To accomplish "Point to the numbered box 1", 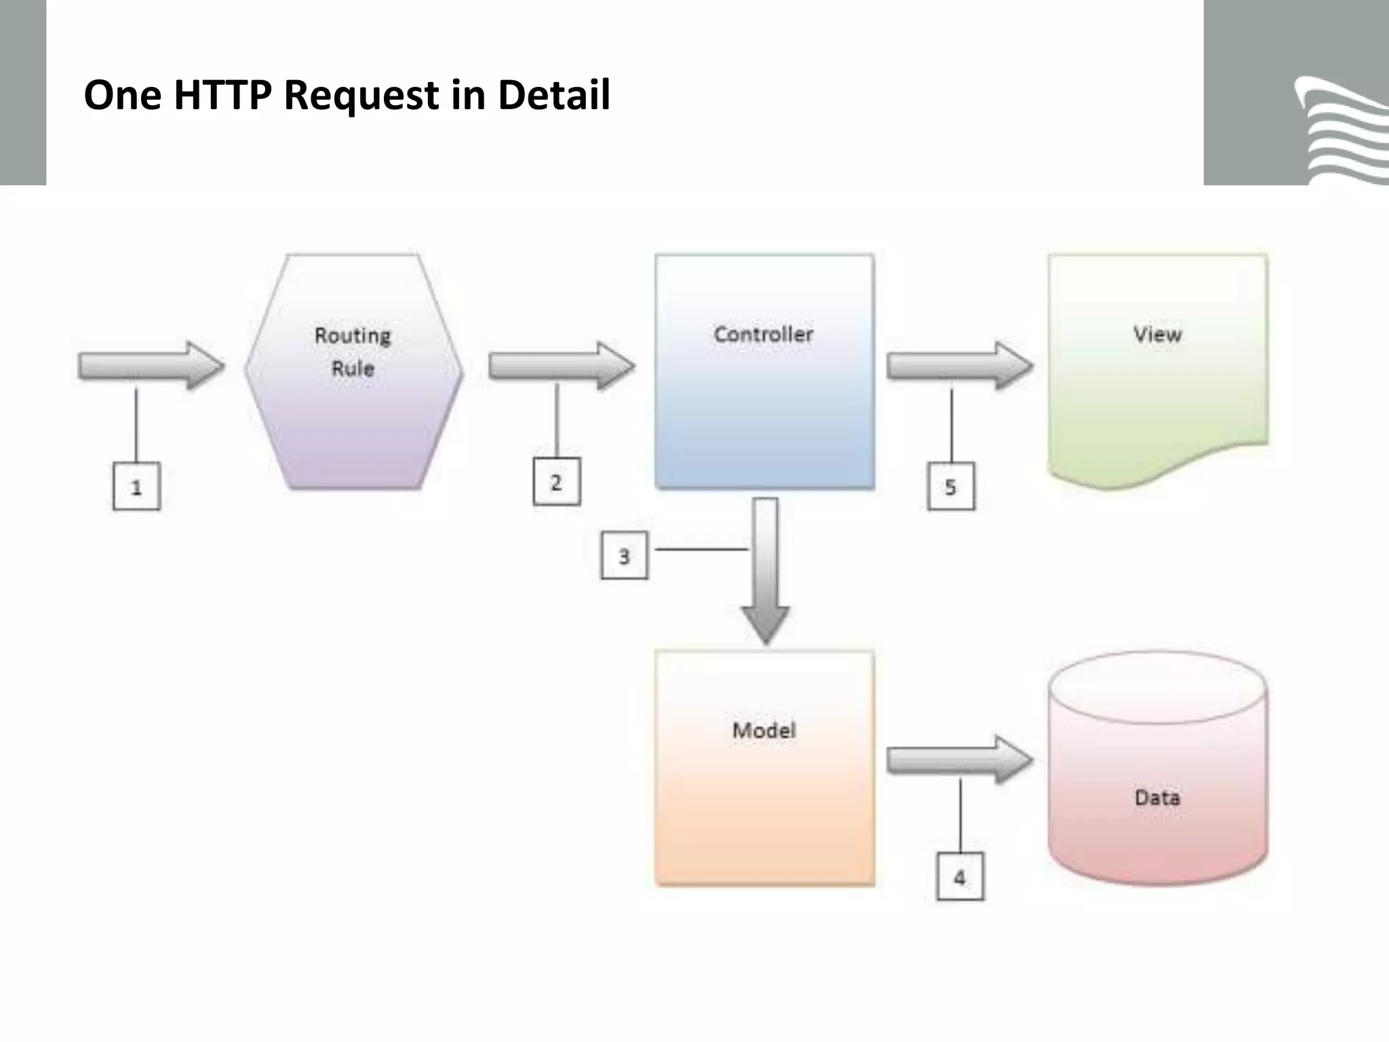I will click(x=136, y=486).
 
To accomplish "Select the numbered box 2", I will click(x=556, y=482).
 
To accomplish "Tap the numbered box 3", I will click(x=624, y=556).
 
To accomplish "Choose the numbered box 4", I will click(x=960, y=877).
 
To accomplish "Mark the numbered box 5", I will click(x=951, y=486).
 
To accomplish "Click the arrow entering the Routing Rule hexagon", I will click(x=151, y=366).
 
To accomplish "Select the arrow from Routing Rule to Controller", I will click(x=562, y=366).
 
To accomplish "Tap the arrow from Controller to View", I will click(x=959, y=366).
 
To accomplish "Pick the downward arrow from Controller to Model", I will click(x=766, y=570).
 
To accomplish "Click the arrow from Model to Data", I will click(x=959, y=760).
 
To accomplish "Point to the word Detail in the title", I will click(x=553, y=95).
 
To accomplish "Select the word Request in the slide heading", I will click(x=361, y=95).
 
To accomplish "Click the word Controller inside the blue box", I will click(x=763, y=334).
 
